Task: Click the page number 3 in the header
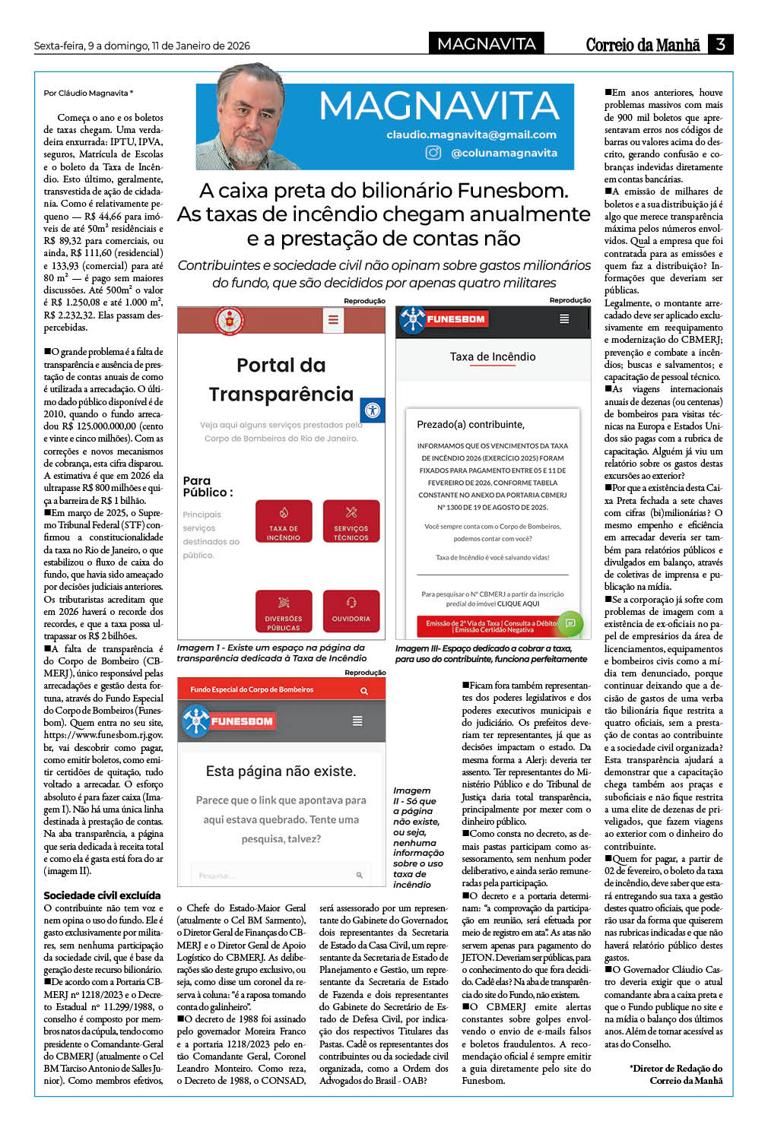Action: click(719, 44)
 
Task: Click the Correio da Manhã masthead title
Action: click(642, 45)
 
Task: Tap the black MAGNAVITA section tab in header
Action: click(487, 44)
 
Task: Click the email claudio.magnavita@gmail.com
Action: click(471, 135)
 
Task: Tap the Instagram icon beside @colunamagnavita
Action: click(433, 153)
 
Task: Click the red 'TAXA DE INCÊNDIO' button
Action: click(284, 521)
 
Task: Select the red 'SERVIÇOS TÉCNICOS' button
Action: click(351, 521)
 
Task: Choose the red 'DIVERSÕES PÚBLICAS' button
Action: click(284, 611)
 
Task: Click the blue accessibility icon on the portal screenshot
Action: click(372, 410)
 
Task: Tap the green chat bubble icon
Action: click(570, 623)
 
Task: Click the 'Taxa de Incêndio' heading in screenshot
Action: click(493, 356)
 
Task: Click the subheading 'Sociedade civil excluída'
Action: click(102, 895)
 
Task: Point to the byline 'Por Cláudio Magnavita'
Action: click(88, 93)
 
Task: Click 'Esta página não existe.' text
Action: click(281, 771)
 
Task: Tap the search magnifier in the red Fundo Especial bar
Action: click(363, 690)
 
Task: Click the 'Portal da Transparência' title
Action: click(281, 379)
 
